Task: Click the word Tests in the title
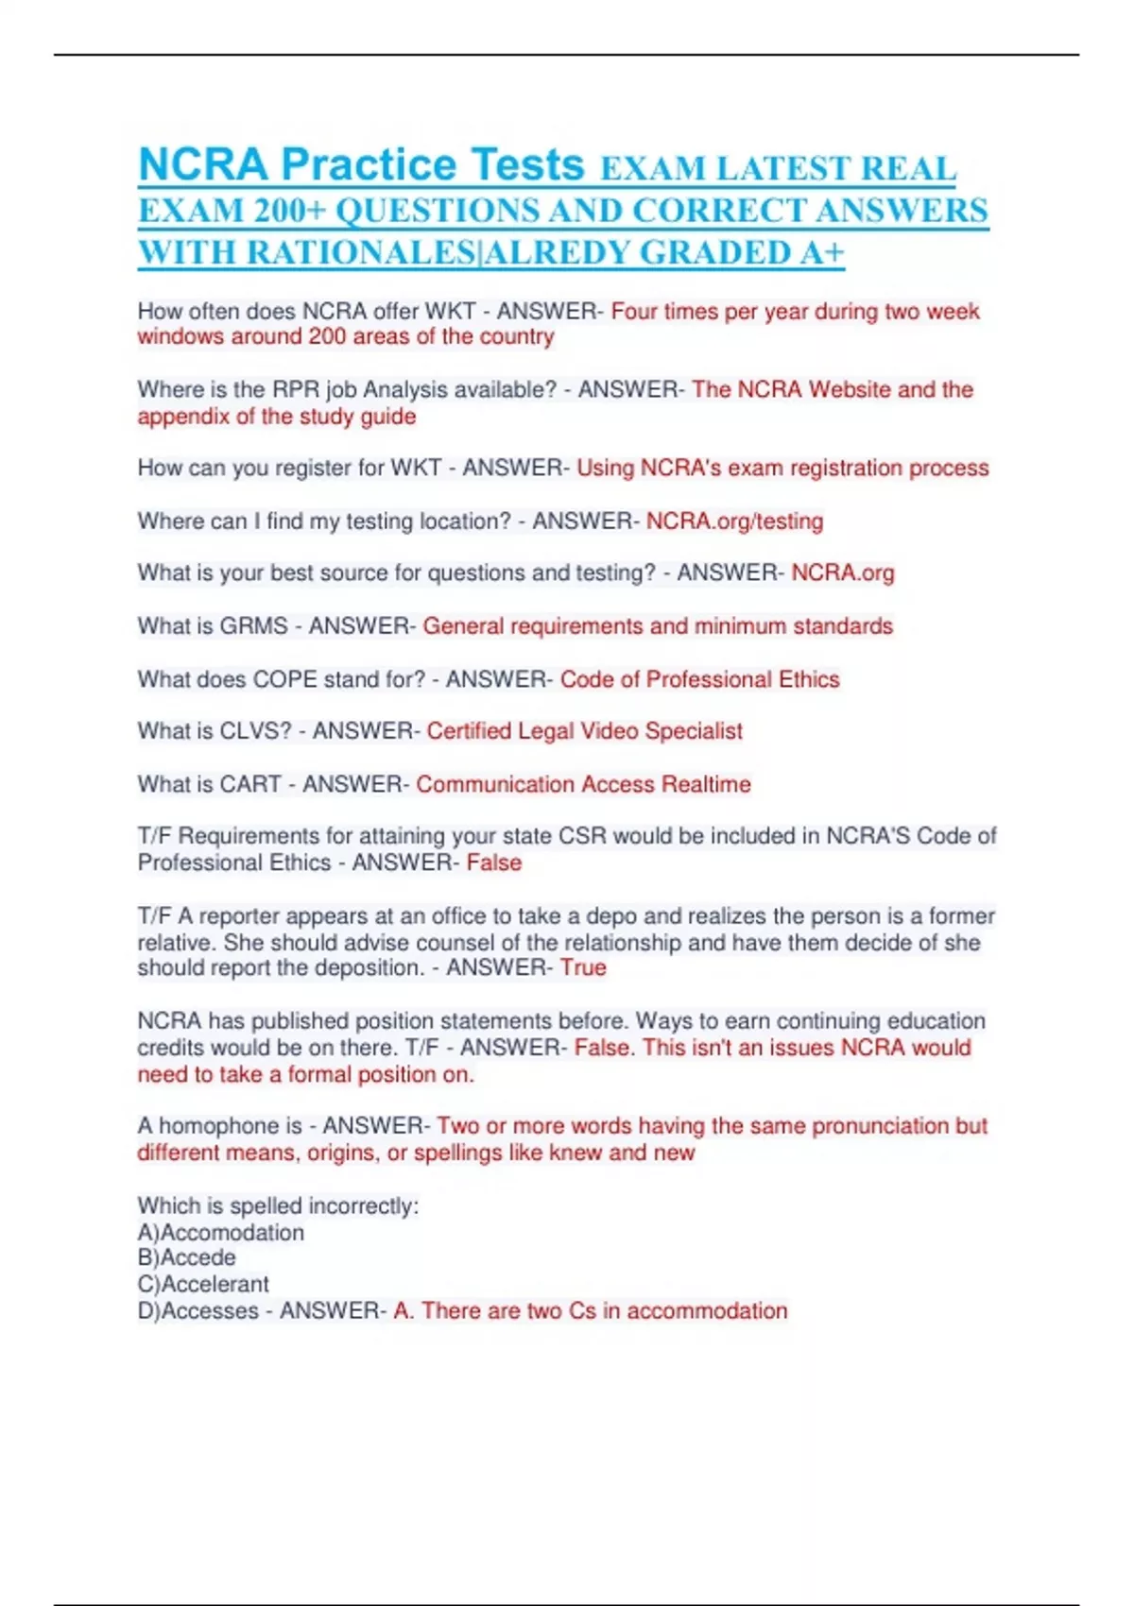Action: tap(527, 165)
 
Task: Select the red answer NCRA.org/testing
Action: tap(734, 521)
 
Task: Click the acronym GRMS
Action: tap(253, 626)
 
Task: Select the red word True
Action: tap(583, 968)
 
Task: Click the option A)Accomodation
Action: tap(221, 1233)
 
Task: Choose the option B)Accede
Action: tap(187, 1258)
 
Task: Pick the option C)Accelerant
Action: tap(203, 1285)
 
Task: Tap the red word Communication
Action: tap(495, 785)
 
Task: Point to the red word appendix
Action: tap(182, 417)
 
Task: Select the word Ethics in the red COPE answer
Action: tap(808, 680)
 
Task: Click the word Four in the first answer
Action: tap(633, 312)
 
